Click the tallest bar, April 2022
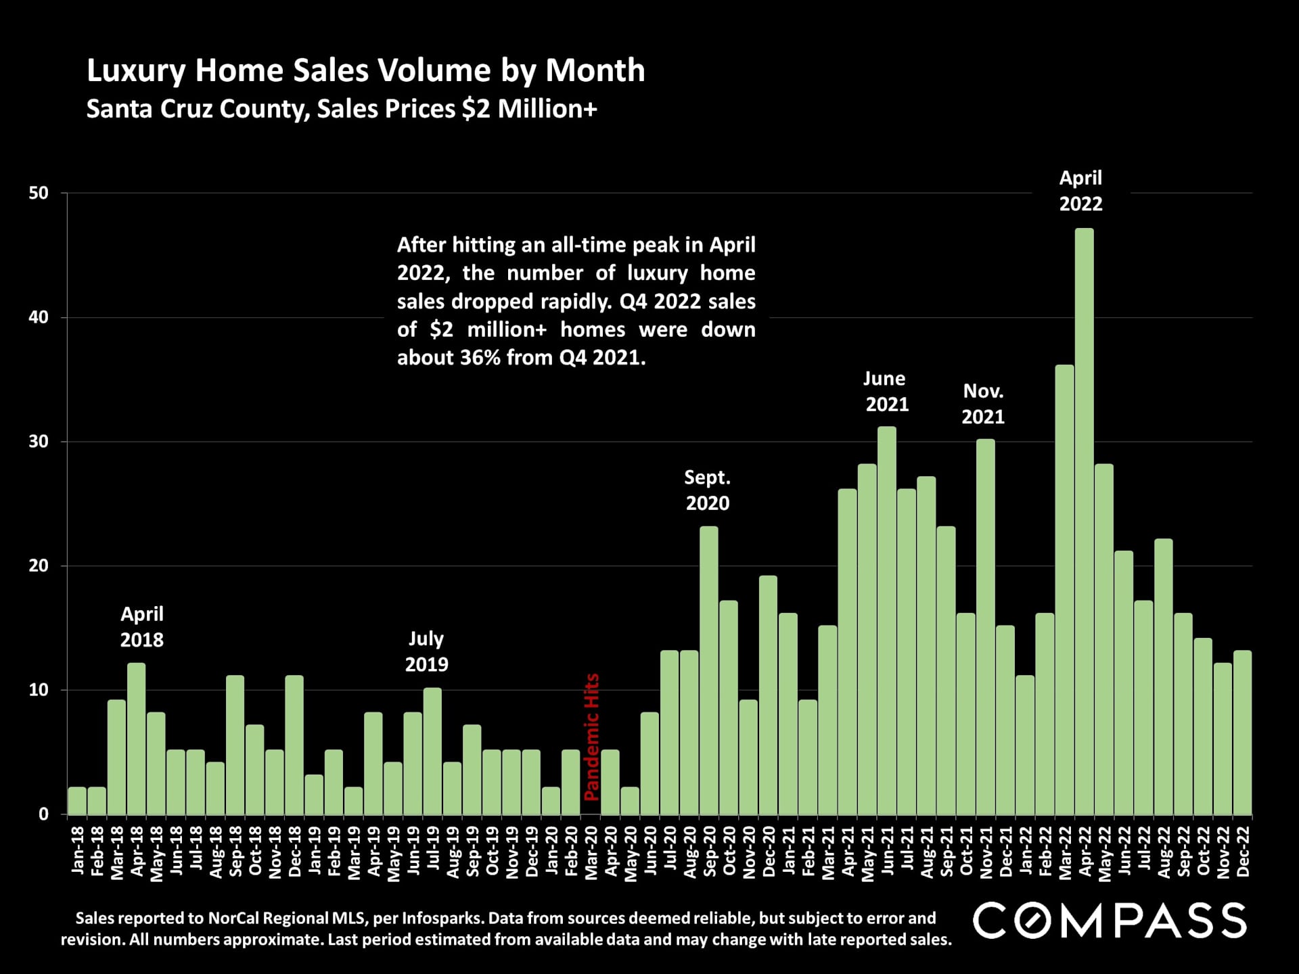point(1084,521)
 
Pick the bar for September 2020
point(708,670)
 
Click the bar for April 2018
point(136,738)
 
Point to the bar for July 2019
point(432,751)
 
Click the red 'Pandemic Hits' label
point(591,737)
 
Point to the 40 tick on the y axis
point(39,317)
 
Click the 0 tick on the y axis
point(43,814)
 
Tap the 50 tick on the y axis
point(39,193)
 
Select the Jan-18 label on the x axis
point(78,851)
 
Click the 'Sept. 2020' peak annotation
point(708,490)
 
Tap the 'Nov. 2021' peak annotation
point(983,404)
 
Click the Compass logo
point(1110,921)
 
